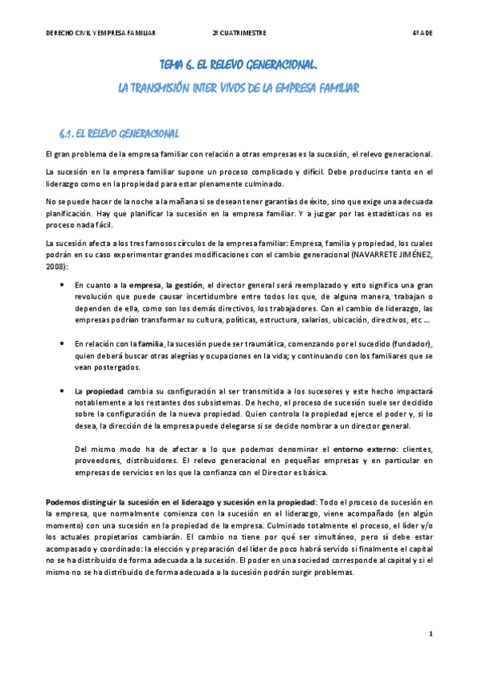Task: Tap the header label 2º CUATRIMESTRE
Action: point(239,33)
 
